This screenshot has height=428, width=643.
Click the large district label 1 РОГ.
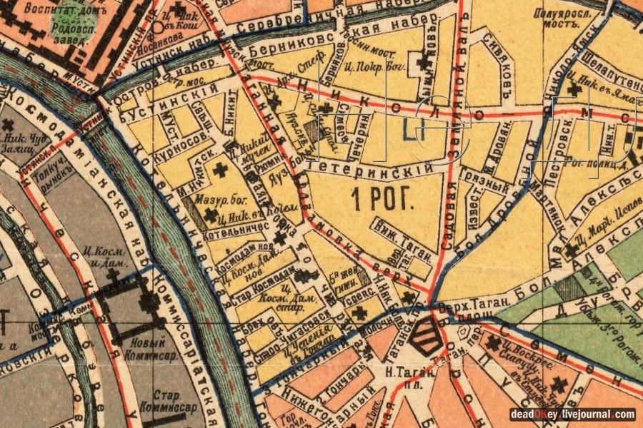pos(383,200)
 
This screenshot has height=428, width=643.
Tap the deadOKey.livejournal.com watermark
pos(572,414)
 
